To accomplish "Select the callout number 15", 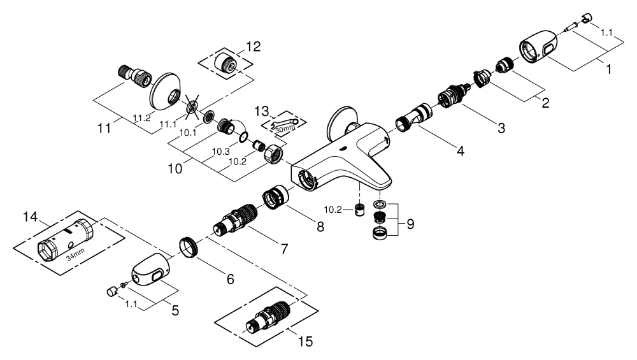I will click(306, 342).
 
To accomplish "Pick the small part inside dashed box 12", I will click(227, 62).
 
